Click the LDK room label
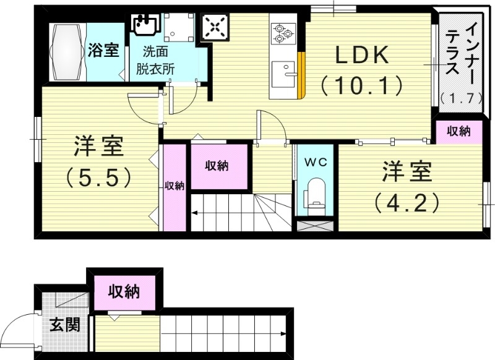tap(362, 56)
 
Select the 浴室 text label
tap(103, 50)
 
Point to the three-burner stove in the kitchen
tap(283, 32)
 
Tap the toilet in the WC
tap(316, 194)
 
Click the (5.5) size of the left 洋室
tap(99, 178)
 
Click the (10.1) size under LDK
tap(362, 85)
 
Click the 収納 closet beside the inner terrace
tap(458, 131)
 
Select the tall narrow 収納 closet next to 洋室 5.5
tap(174, 186)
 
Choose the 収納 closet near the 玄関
tap(124, 291)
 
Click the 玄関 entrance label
tap(64, 324)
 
